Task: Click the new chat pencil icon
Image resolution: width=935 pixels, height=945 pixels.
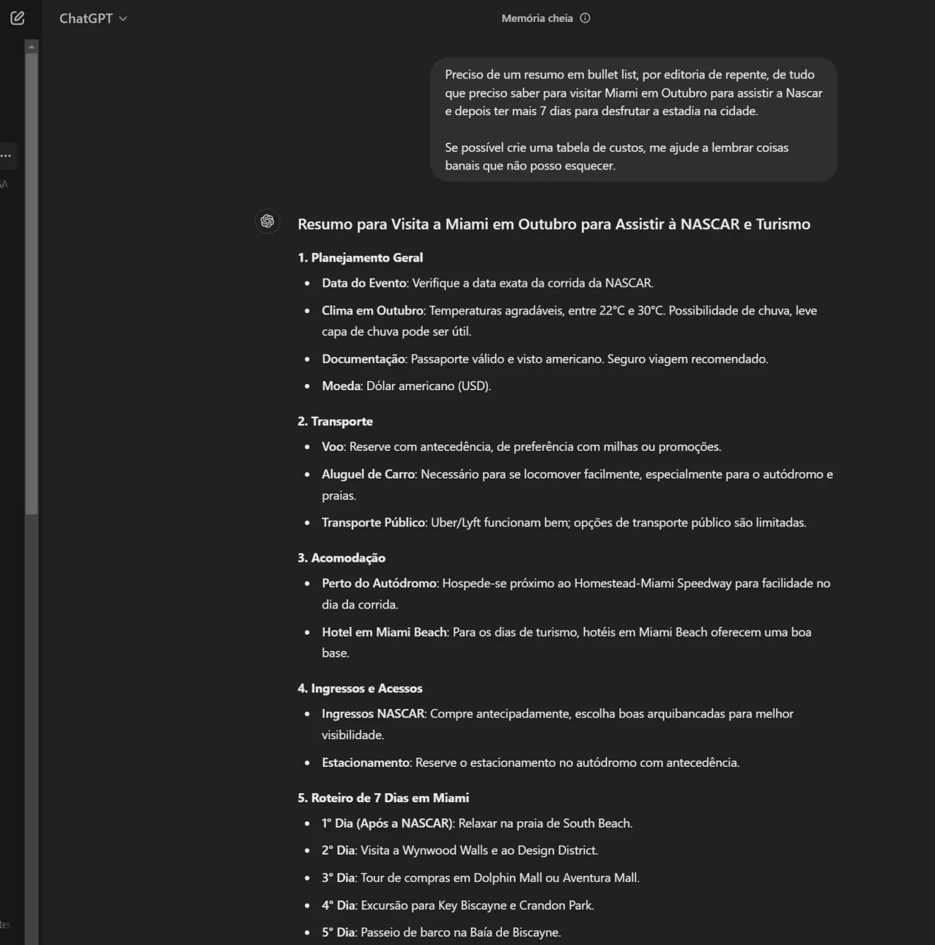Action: [18, 18]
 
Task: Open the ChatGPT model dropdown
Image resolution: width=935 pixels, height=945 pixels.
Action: [93, 18]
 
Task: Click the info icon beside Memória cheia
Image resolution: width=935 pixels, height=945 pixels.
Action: [585, 18]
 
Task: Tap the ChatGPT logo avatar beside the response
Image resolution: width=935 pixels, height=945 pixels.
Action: [268, 221]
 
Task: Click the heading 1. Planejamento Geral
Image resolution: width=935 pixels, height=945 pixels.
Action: [360, 258]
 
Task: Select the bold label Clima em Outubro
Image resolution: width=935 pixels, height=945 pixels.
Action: [372, 310]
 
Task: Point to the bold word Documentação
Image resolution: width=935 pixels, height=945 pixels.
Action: [364, 359]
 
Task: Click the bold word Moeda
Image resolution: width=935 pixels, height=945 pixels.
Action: [341, 386]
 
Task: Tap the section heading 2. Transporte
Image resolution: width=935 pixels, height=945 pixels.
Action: [335, 421]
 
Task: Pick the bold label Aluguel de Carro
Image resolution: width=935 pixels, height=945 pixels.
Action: [369, 474]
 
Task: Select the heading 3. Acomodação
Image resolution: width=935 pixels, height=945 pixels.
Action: [341, 558]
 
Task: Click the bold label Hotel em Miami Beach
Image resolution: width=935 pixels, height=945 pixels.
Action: [384, 632]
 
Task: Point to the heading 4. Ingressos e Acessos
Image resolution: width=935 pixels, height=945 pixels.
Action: [359, 688]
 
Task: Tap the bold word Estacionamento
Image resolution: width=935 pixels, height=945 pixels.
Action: [366, 763]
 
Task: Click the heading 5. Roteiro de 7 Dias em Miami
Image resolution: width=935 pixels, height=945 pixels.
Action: [383, 798]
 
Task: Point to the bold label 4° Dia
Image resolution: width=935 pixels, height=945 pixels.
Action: [338, 905]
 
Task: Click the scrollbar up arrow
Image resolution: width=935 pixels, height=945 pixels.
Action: [31, 47]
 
